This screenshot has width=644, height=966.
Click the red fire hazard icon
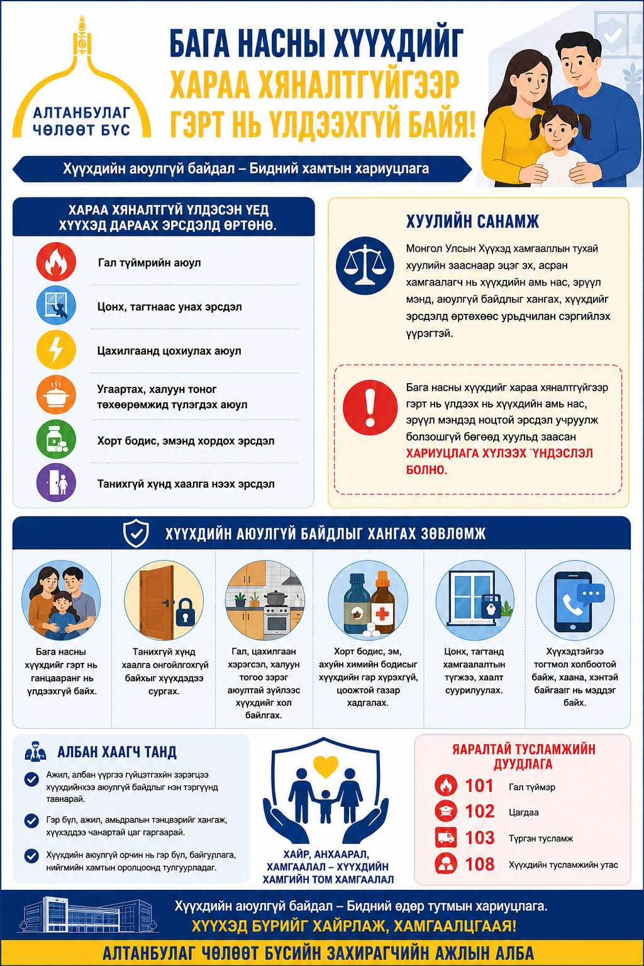(x=56, y=262)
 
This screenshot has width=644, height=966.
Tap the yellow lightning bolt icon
(x=56, y=350)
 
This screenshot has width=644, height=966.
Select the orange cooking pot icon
(x=56, y=394)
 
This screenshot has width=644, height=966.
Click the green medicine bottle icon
(x=56, y=439)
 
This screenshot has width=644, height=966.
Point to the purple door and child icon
(x=56, y=482)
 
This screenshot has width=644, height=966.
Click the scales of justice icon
(x=365, y=265)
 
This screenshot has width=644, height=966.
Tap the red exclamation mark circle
(x=370, y=407)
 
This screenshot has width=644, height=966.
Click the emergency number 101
(x=479, y=786)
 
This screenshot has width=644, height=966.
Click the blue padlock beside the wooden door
(x=186, y=612)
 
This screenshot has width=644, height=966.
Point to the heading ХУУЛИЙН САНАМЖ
(x=472, y=221)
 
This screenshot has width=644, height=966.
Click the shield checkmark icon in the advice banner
(x=136, y=533)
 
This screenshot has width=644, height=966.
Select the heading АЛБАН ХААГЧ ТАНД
(x=117, y=752)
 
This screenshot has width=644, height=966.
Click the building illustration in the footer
(x=89, y=914)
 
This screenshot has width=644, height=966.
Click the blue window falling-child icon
(x=56, y=306)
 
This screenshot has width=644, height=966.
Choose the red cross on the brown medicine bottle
(x=382, y=613)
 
